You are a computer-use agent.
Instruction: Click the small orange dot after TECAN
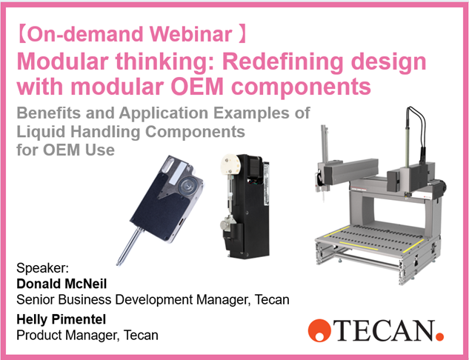pos(439,335)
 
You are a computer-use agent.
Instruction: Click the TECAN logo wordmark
pos(379,328)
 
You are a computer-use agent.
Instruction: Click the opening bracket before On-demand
pos(22,35)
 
